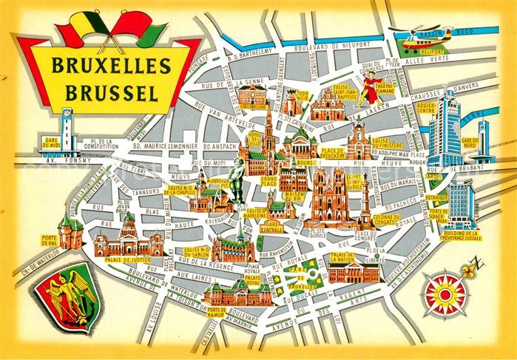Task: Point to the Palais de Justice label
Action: pyautogui.click(x=127, y=260)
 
